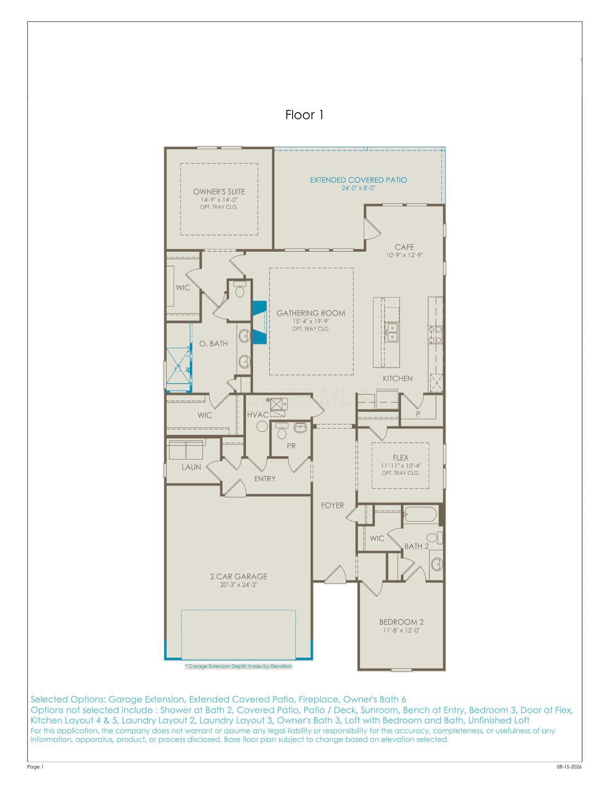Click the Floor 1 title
click(x=305, y=115)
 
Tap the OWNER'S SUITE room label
click(x=219, y=192)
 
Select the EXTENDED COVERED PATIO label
click(x=358, y=180)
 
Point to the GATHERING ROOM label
click(x=311, y=313)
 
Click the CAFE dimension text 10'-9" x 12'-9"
click(x=405, y=255)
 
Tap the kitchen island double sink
click(x=392, y=332)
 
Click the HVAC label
click(x=258, y=415)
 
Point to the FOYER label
click(x=333, y=505)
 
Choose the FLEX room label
click(x=401, y=458)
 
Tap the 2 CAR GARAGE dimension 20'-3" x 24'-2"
click(x=238, y=585)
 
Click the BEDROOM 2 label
click(x=401, y=622)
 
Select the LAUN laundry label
click(x=191, y=467)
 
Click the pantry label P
click(x=418, y=414)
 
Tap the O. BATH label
click(x=214, y=343)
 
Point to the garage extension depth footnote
click(x=238, y=666)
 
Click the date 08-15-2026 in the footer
click(x=569, y=767)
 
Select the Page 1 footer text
click(x=35, y=767)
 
